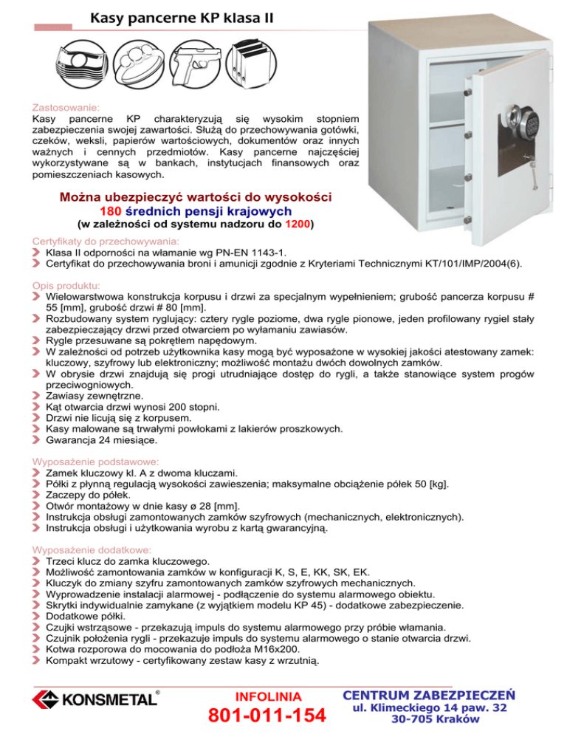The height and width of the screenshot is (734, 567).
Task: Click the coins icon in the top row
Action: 139,61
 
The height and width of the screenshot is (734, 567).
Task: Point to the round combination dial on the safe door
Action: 488,118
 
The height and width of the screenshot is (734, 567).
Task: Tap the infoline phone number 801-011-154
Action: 267,715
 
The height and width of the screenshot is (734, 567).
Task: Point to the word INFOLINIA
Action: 267,696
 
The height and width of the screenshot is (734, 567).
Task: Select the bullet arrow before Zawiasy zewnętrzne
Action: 38,395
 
